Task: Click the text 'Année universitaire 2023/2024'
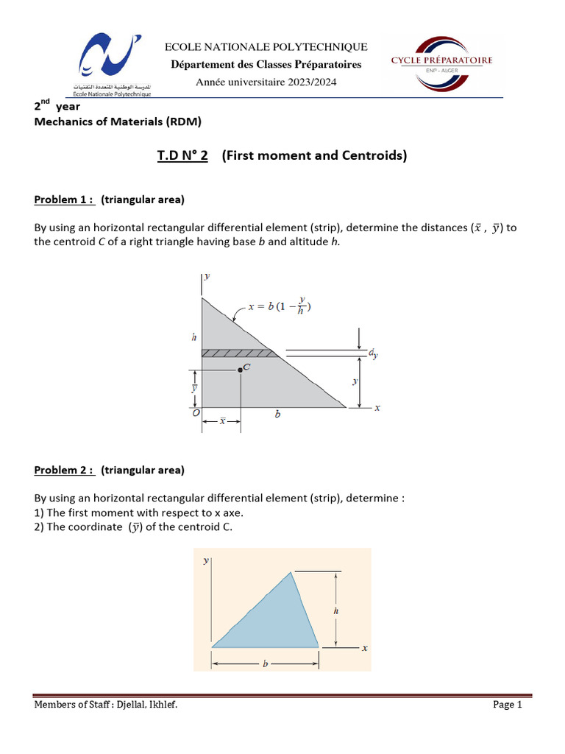click(x=266, y=82)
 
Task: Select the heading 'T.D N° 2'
click(x=182, y=155)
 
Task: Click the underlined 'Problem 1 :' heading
click(x=65, y=200)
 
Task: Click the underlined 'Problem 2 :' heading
click(x=65, y=470)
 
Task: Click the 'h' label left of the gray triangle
click(x=193, y=337)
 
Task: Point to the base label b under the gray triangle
click(x=277, y=415)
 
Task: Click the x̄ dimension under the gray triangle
click(x=221, y=421)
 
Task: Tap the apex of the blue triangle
click(x=293, y=571)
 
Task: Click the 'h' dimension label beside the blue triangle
click(x=335, y=610)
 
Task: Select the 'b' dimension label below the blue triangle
click(x=265, y=663)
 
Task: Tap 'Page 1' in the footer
click(x=507, y=705)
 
